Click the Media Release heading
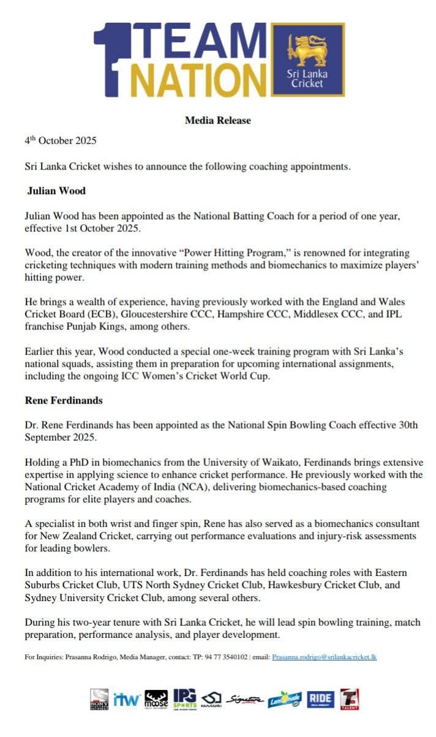click(x=217, y=121)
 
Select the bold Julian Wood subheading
click(x=56, y=191)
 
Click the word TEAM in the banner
click(x=198, y=43)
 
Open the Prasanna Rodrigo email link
click(x=325, y=657)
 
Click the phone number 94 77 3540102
click(x=224, y=657)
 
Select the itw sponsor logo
click(x=127, y=699)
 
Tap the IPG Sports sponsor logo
click(x=185, y=699)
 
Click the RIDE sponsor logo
click(x=320, y=699)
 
